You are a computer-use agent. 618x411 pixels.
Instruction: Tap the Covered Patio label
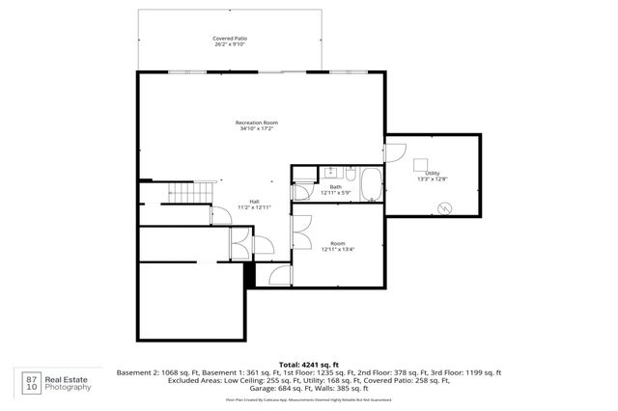[230, 39]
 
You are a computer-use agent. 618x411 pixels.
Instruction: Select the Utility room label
[432, 173]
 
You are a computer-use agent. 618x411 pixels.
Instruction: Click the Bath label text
[335, 188]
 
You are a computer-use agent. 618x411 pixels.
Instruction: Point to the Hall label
[255, 201]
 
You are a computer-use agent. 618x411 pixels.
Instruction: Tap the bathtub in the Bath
[371, 184]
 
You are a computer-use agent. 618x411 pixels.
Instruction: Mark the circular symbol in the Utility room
[445, 206]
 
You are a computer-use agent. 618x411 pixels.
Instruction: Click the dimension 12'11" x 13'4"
[338, 250]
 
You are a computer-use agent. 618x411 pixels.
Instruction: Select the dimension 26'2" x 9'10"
[230, 44]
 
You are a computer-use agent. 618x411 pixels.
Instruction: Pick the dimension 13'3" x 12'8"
[432, 178]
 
